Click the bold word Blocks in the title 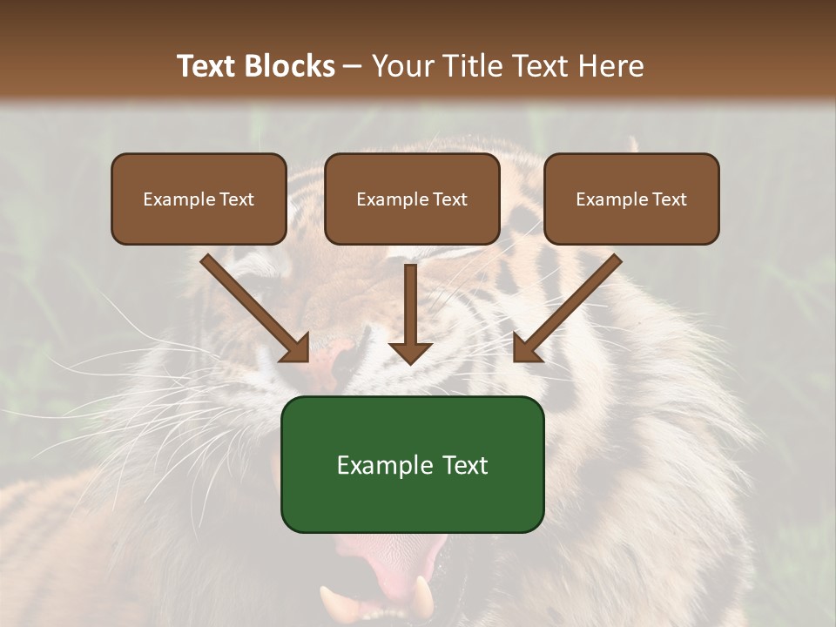(291, 66)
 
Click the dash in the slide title (353, 67)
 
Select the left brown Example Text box (199, 199)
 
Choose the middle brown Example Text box (412, 199)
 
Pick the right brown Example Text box (631, 199)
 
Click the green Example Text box (412, 464)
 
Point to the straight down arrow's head (410, 353)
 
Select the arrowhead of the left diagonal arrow (297, 348)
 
